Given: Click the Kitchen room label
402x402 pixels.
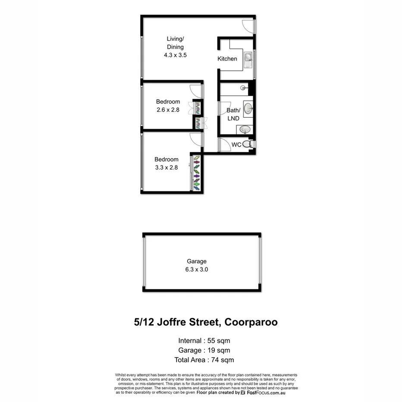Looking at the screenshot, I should [x=227, y=59].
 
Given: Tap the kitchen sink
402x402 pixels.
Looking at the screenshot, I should [x=249, y=59].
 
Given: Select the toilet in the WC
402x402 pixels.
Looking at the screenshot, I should [x=247, y=144].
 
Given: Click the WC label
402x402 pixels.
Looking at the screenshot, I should [x=236, y=145].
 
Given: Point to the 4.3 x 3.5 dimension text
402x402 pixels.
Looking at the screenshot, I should [x=175, y=55].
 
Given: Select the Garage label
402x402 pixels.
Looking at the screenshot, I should [x=196, y=261].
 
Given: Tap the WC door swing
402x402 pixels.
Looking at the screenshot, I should [x=225, y=145].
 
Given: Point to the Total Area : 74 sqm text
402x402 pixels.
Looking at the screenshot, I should [x=205, y=359].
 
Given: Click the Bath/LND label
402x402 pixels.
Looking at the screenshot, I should [x=233, y=113].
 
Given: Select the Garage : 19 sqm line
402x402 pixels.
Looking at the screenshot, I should [x=204, y=350].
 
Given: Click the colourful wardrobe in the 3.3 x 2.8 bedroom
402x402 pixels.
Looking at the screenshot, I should [x=196, y=173].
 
